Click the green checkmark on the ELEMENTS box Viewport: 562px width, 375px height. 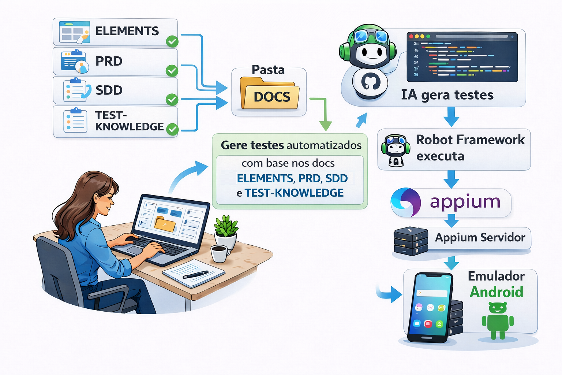pos(172,41)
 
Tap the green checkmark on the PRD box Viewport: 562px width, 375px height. pos(172,70)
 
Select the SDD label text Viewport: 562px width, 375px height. pos(109,90)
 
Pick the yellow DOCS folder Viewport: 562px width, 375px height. pos(270,94)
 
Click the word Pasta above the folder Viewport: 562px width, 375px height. pos(268,70)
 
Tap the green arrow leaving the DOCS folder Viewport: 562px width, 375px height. pos(324,114)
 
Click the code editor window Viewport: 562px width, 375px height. pos(462,57)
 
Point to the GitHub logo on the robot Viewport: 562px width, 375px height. pos(371,81)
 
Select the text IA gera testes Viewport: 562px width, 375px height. pos(447,95)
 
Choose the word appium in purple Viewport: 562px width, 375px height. pos(465,202)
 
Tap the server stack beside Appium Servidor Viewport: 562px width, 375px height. pos(411,241)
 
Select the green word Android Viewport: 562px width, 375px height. pos(497,292)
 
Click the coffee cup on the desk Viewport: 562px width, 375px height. pos(220,253)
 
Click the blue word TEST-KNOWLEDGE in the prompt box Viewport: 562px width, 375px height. pos(294,193)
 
